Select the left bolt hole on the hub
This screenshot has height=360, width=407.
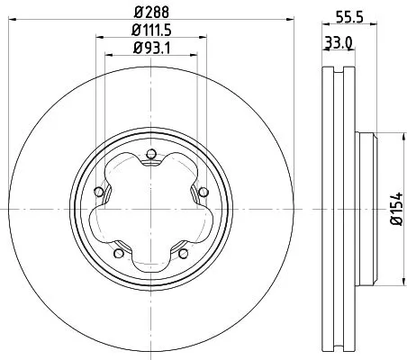click(x=97, y=190)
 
